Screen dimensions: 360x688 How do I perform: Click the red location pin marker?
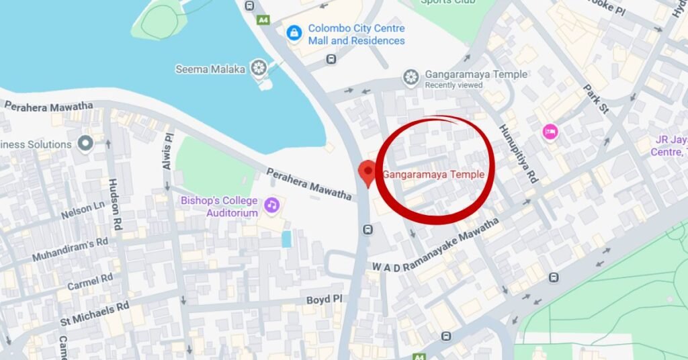(x=368, y=172)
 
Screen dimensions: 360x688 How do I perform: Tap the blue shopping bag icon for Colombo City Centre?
(x=294, y=32)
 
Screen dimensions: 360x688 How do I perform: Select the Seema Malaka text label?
(x=210, y=69)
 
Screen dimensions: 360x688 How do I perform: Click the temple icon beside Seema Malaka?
(x=258, y=68)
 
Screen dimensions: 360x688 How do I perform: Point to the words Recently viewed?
(x=454, y=85)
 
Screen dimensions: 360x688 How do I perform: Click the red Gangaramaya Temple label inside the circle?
(x=433, y=175)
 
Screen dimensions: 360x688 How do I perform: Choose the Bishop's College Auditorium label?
(x=219, y=207)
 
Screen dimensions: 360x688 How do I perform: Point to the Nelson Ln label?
(x=83, y=211)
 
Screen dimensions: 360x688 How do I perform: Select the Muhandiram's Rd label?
(x=71, y=249)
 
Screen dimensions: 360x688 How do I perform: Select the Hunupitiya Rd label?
(x=519, y=153)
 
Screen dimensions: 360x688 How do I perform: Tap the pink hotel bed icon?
(x=550, y=131)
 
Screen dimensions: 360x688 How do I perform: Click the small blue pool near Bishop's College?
(x=287, y=239)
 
